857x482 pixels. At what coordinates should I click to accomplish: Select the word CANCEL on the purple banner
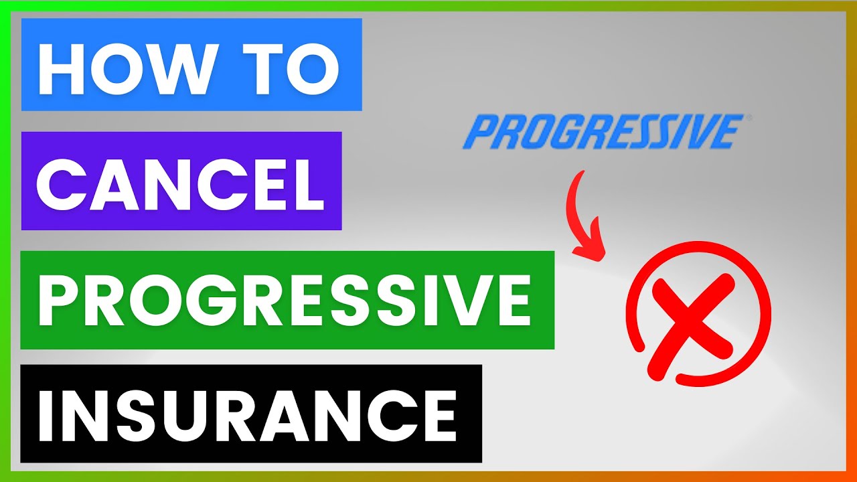[x=181, y=181]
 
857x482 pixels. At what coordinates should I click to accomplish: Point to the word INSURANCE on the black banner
[x=248, y=412]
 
